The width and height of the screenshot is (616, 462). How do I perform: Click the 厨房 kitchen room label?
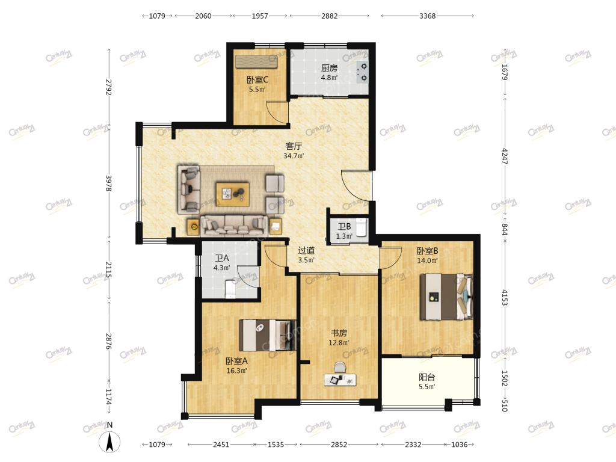click(329, 68)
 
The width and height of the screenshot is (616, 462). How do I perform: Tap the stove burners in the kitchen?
click(363, 72)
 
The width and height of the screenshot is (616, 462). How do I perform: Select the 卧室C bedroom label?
click(257, 80)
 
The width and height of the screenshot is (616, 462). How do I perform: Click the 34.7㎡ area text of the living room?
click(294, 156)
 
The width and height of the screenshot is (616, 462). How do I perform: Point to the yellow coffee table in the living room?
click(233, 194)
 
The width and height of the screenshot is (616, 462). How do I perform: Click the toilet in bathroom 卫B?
click(361, 227)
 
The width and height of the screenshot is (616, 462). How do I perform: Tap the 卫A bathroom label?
click(221, 258)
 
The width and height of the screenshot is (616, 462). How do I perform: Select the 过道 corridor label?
click(306, 250)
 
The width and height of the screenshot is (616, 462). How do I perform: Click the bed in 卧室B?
click(446, 297)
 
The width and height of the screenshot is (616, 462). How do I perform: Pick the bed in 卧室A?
click(267, 335)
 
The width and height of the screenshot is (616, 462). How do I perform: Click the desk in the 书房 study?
click(340, 380)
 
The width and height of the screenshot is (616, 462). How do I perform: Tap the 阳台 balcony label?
click(427, 377)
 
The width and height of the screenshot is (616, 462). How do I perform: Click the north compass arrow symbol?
click(109, 441)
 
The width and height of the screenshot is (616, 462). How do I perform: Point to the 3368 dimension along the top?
click(428, 16)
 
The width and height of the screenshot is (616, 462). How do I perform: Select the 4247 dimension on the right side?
click(505, 156)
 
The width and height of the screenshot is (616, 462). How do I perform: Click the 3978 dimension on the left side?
click(109, 183)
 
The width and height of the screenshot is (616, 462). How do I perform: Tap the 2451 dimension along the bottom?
click(221, 445)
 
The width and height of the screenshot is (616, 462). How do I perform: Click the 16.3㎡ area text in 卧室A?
click(236, 371)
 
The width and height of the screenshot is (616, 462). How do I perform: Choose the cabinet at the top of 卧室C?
click(256, 62)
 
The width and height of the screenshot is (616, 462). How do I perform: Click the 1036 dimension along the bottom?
click(459, 445)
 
